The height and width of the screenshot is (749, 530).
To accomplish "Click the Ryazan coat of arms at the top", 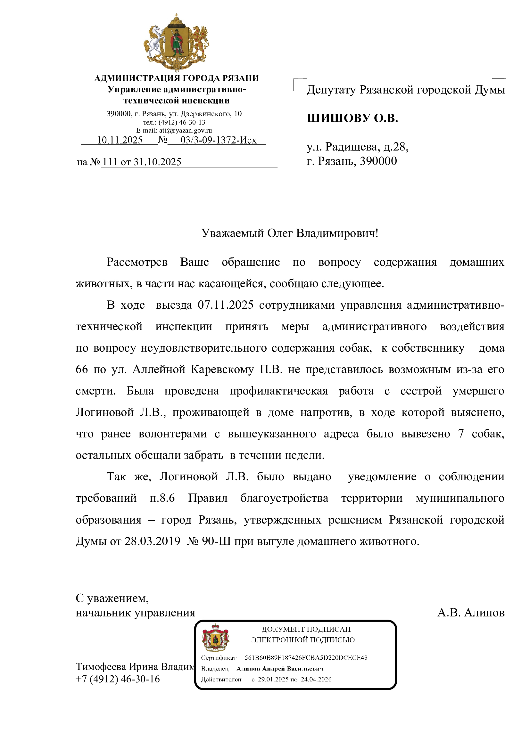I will tap(177, 42).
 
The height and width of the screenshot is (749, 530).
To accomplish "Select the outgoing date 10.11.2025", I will tap(120, 140).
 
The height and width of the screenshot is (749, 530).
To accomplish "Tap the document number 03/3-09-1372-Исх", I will tap(218, 140).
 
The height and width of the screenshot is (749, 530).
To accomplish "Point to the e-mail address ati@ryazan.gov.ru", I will tap(185, 130).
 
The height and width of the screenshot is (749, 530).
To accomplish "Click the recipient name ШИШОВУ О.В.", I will tap(352, 118).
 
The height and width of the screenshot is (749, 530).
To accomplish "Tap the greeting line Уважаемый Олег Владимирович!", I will tap(289, 233).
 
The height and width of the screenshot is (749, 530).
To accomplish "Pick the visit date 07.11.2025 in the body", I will tap(226, 305).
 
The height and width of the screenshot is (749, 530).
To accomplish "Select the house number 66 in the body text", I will tap(82, 369).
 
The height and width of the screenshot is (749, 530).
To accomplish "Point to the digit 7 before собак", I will tap(461, 434).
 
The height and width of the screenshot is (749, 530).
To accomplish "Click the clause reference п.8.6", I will tap(162, 498).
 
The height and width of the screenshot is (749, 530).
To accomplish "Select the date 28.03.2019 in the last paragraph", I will tap(153, 541).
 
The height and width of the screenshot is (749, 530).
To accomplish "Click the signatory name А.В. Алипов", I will tap(471, 613).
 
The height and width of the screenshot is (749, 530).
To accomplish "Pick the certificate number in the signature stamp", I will tap(306, 658).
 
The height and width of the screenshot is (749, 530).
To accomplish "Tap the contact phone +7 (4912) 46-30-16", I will tap(118, 679).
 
